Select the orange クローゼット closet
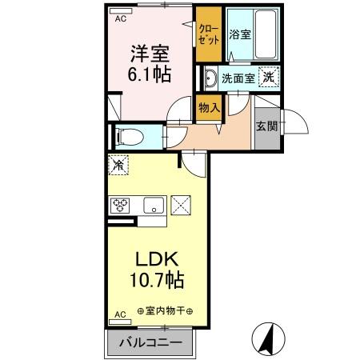point(209,34)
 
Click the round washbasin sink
point(210,78)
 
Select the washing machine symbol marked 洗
point(269,78)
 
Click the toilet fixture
point(129,137)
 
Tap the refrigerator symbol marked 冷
point(118,166)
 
